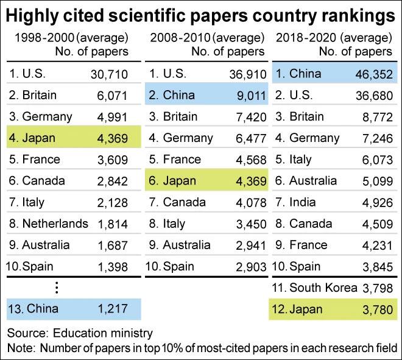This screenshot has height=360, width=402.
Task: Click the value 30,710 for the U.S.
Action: pos(108,74)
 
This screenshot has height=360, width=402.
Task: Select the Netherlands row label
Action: pos(48,224)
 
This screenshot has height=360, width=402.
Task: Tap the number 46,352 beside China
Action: pos(372,74)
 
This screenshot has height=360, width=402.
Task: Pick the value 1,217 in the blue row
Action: pos(112,309)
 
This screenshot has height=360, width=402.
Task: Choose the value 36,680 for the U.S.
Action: pos(372,96)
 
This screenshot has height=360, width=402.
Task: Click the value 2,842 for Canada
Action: pos(112,181)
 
